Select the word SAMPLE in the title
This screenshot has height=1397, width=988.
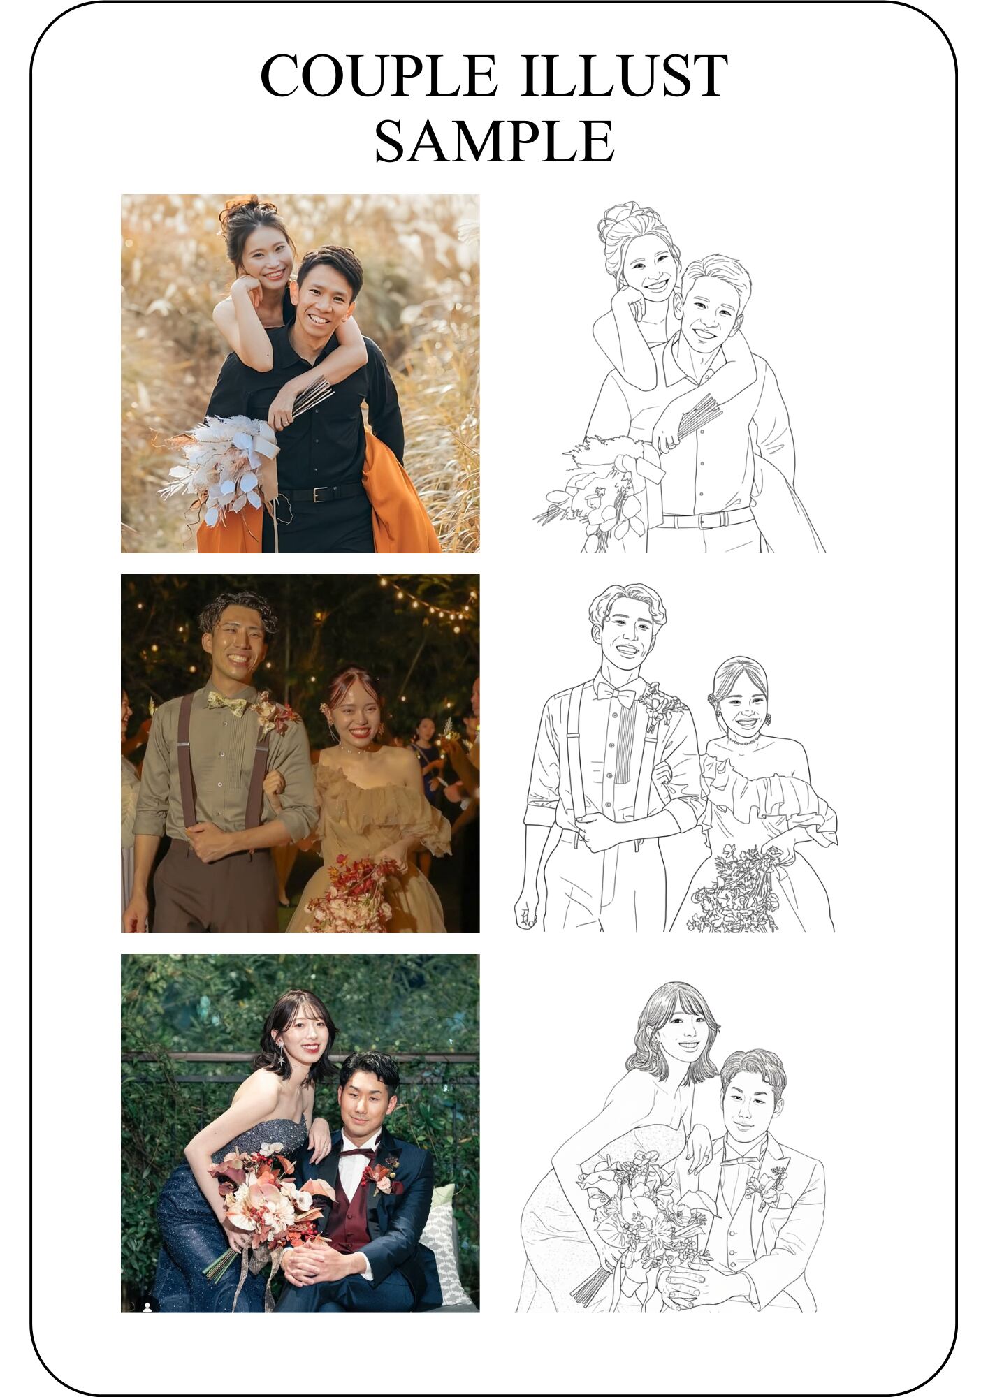494,140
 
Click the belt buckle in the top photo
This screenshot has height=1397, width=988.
321,494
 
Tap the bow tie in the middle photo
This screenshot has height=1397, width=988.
226,703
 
